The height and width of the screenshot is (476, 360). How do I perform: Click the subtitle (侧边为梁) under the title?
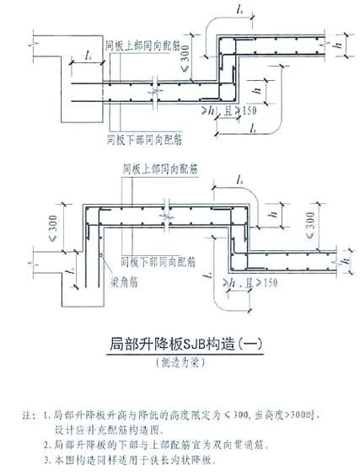point(180,364)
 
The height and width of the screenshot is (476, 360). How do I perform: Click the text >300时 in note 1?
point(297,415)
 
